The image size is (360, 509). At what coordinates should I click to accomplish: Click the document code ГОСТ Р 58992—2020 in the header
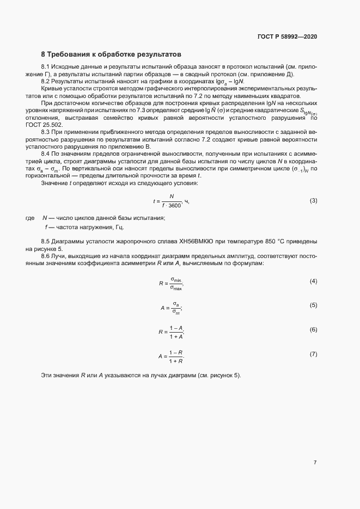(x=287, y=36)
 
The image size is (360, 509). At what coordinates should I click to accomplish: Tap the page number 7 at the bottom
(x=315, y=463)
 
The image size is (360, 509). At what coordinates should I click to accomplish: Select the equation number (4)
(x=313, y=281)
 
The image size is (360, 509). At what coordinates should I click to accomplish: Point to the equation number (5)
(x=313, y=305)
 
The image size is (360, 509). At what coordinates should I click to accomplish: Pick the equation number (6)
(x=313, y=330)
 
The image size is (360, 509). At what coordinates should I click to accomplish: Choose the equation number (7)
(x=313, y=354)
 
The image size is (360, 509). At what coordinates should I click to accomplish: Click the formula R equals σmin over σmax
(x=171, y=283)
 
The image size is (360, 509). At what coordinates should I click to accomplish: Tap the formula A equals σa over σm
(x=171, y=308)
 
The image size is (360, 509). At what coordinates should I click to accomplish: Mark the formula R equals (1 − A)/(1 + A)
(x=171, y=332)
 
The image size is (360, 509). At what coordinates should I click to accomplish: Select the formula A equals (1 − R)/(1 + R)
(x=171, y=357)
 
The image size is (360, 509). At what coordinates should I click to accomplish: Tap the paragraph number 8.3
(x=46, y=132)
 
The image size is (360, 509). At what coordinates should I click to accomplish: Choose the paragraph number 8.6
(x=46, y=255)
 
